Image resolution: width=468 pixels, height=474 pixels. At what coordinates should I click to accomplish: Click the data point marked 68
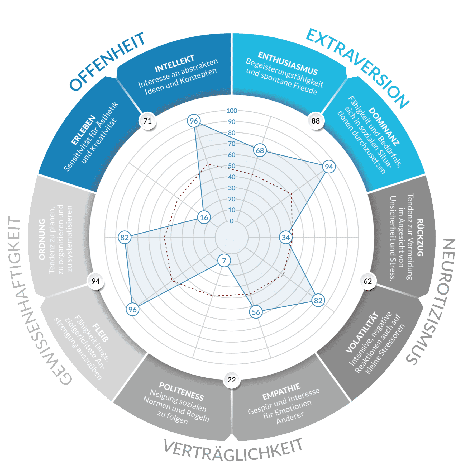click(x=260, y=150)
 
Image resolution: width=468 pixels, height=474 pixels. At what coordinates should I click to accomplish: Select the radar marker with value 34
click(x=286, y=238)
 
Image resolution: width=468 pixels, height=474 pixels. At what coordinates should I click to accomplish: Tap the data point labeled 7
click(x=224, y=261)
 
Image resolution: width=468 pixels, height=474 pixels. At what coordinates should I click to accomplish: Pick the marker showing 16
click(x=204, y=217)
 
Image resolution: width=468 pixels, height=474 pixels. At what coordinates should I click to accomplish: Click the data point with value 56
click(x=256, y=312)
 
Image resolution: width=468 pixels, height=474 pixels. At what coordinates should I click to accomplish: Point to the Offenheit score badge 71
click(x=147, y=121)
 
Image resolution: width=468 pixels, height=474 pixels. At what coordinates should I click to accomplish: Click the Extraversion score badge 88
click(x=316, y=121)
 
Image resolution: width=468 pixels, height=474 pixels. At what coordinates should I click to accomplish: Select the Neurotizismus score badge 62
click(x=367, y=281)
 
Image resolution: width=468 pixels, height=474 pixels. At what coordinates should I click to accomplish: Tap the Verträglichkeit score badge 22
click(x=231, y=380)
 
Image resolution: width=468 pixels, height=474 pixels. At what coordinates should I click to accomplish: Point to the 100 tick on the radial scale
click(x=232, y=111)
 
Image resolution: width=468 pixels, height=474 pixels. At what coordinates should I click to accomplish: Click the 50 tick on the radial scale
click(x=232, y=166)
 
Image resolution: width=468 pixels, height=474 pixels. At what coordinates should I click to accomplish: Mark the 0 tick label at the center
click(x=232, y=221)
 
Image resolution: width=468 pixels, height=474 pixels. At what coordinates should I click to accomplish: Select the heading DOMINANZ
click(x=384, y=126)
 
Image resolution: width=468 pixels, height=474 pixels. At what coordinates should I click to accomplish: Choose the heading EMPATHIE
click(x=281, y=392)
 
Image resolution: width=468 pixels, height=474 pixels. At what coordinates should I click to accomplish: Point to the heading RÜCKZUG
click(x=420, y=238)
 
